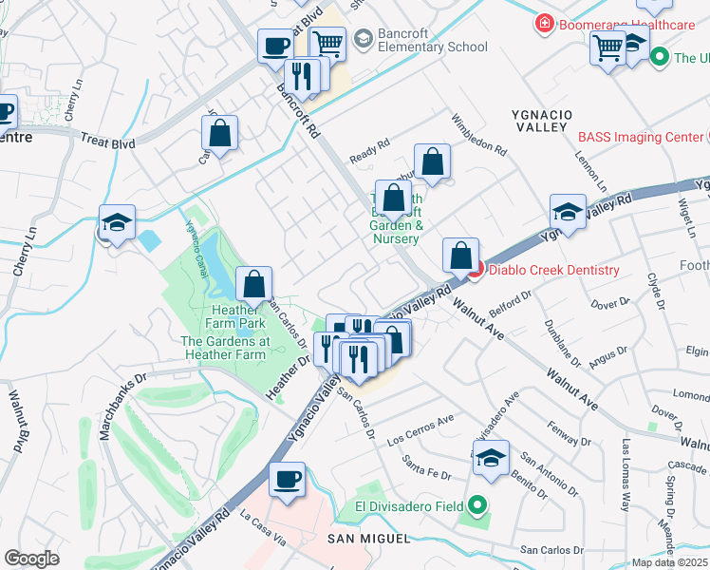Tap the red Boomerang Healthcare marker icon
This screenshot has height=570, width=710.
click(x=545, y=23)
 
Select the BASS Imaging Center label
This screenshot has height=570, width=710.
click(x=641, y=138)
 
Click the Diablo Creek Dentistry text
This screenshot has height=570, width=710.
click(x=553, y=270)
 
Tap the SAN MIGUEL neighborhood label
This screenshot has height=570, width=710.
click(x=368, y=539)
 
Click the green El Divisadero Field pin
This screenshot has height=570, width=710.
click(x=479, y=506)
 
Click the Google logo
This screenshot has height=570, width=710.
click(x=31, y=559)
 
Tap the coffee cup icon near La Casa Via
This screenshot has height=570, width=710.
click(x=287, y=480)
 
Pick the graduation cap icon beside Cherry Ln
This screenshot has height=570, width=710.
click(x=117, y=223)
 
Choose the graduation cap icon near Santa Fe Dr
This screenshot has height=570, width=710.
click(x=491, y=458)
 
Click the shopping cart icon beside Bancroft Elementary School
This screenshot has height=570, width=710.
click(x=327, y=43)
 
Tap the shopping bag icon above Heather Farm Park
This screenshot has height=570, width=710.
click(x=254, y=283)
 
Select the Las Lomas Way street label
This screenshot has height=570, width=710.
click(x=625, y=475)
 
